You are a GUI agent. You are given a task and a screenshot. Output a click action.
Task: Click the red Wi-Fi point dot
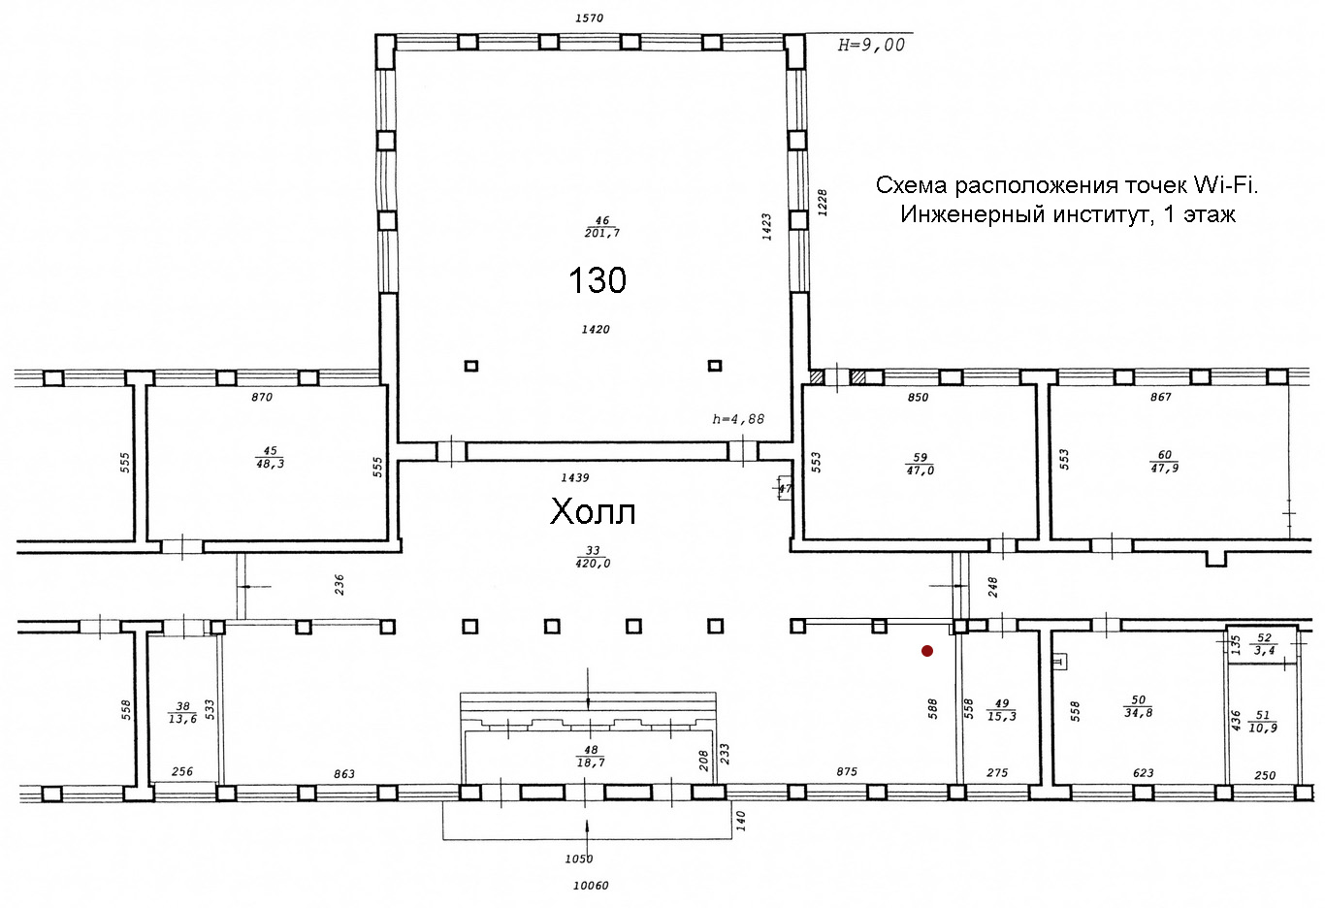point(927,651)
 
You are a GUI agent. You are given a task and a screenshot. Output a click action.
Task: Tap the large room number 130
point(598,279)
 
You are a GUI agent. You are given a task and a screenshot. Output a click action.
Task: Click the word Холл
point(593,511)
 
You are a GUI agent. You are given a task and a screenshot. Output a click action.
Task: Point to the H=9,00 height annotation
point(871,45)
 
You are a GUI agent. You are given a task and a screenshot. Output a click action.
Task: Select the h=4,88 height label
point(738,419)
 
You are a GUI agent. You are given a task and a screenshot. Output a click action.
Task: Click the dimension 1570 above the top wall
point(589,18)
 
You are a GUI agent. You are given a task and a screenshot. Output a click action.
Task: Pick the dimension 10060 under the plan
point(591,886)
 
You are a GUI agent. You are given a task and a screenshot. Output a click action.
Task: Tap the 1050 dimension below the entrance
point(578,859)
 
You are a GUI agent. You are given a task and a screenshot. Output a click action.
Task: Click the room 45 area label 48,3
point(271,457)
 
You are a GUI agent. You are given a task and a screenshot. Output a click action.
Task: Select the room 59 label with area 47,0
point(920,464)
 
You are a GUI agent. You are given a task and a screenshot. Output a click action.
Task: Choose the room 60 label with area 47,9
point(1164,462)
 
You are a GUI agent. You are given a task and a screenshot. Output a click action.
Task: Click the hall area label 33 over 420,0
point(593,557)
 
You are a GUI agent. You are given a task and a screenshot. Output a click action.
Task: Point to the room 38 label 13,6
point(182,713)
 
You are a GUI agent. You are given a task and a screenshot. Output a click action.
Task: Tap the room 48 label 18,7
point(591,757)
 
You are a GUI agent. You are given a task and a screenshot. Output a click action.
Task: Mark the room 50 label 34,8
point(1138,706)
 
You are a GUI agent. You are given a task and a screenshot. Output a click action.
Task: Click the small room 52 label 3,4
point(1264,644)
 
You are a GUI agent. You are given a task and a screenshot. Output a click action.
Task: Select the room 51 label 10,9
point(1263,722)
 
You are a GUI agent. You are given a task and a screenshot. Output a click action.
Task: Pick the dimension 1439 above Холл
point(575,477)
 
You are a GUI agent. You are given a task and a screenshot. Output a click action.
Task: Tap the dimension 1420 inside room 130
point(595,329)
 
